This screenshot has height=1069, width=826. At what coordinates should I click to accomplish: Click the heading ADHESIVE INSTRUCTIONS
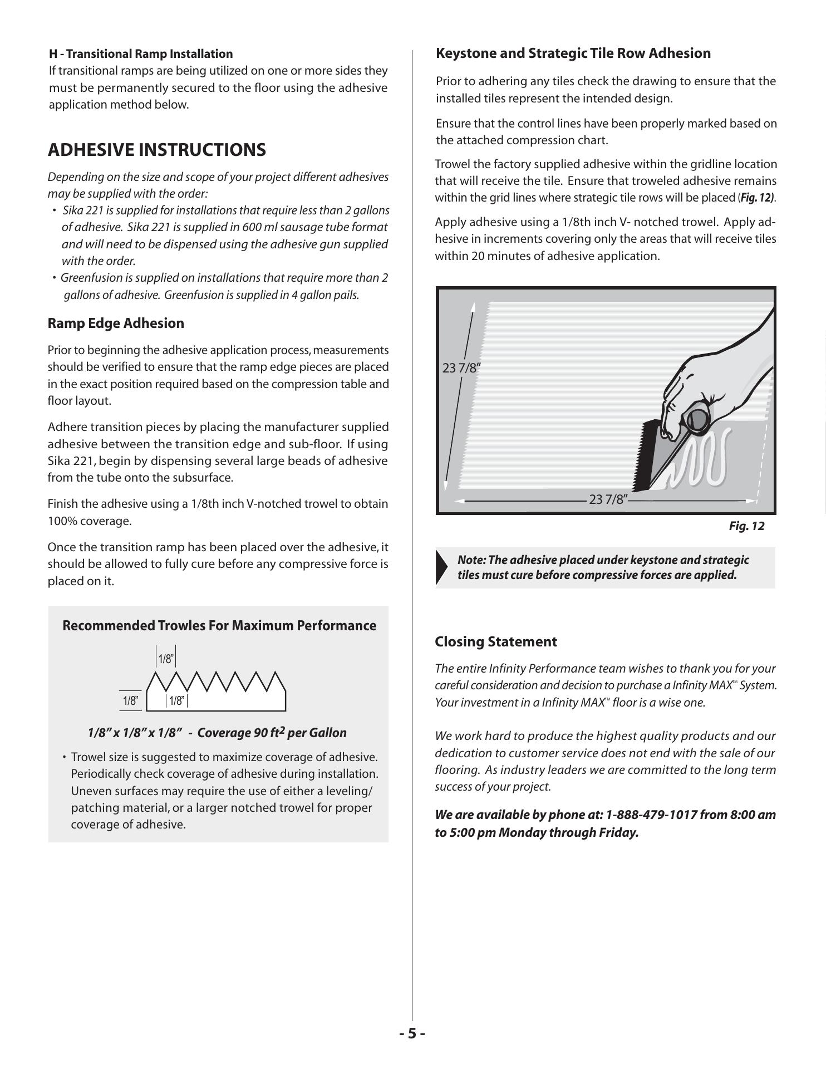click(157, 150)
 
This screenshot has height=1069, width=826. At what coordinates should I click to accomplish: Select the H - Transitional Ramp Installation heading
click(141, 54)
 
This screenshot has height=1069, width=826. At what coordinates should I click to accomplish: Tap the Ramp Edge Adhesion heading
click(116, 323)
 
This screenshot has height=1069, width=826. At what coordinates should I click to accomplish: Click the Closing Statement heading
click(495, 641)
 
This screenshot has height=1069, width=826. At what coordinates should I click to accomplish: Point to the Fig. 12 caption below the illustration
click(746, 526)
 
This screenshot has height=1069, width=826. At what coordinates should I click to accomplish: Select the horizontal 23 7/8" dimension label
click(608, 499)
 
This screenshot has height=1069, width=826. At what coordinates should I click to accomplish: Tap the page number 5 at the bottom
click(412, 1033)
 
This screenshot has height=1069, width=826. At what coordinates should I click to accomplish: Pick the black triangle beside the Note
click(442, 567)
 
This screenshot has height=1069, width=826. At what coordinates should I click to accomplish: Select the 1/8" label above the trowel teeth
click(166, 659)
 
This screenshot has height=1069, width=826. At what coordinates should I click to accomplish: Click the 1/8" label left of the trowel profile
click(130, 702)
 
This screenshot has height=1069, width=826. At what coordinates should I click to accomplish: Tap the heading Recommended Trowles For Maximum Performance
click(219, 626)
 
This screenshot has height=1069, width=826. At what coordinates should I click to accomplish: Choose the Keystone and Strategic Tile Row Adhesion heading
click(573, 53)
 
